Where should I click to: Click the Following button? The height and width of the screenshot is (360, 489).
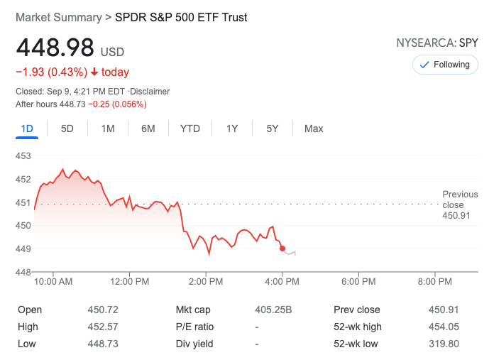pyautogui.click(x=444, y=65)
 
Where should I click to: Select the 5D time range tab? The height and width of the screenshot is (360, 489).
pyautogui.click(x=67, y=129)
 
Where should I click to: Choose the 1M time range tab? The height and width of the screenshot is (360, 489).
pyautogui.click(x=108, y=129)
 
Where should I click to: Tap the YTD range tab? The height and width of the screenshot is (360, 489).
pyautogui.click(x=190, y=129)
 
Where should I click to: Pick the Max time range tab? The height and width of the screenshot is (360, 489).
pyautogui.click(x=314, y=129)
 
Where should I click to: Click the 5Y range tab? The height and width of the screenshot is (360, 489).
pyautogui.click(x=273, y=129)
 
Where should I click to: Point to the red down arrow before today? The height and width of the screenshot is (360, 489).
pyautogui.click(x=94, y=72)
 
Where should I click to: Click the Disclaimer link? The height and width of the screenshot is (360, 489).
pyautogui.click(x=150, y=92)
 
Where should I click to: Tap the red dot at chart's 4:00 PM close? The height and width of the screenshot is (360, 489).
pyautogui.click(x=282, y=249)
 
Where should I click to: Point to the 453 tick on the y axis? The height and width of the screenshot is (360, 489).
pyautogui.click(x=23, y=156)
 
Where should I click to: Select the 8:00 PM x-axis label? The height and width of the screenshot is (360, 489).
pyautogui.click(x=434, y=282)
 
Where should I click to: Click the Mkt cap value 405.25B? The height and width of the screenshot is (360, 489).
pyautogui.click(x=273, y=310)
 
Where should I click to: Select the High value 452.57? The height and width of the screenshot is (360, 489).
pyautogui.click(x=104, y=327)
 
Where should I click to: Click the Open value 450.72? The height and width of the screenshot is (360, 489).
pyautogui.click(x=104, y=310)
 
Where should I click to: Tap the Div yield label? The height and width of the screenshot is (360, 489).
pyautogui.click(x=196, y=344)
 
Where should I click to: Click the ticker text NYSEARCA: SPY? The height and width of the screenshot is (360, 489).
pyautogui.click(x=437, y=43)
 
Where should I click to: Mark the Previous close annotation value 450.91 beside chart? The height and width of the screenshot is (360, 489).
pyautogui.click(x=456, y=215)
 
